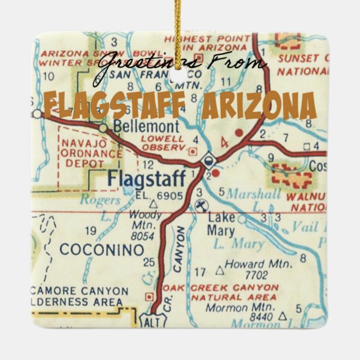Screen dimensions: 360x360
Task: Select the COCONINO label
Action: point(102,249)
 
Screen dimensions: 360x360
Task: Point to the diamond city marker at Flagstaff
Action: point(208,159)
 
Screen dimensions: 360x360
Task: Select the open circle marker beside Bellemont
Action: point(103,128)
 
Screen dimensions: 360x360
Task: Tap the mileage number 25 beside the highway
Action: point(148,262)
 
